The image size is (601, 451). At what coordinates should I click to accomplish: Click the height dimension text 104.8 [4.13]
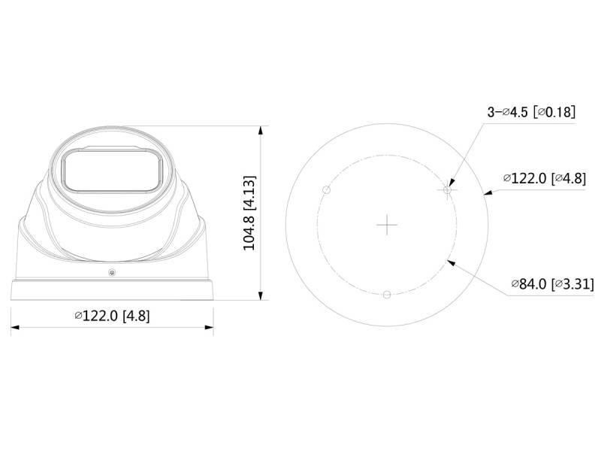tap(249, 213)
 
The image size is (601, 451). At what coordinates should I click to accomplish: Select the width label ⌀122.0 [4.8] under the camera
tap(112, 316)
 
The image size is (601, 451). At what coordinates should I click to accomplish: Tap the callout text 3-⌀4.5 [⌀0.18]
tap(531, 112)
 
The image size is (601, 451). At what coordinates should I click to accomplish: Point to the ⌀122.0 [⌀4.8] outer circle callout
tap(545, 178)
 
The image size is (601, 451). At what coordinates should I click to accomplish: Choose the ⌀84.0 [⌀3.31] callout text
tap(552, 284)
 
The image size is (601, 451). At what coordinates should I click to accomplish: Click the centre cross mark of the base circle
tap(387, 225)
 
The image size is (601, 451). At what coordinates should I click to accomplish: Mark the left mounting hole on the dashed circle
tap(327, 190)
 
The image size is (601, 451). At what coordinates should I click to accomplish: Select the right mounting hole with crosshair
tap(447, 190)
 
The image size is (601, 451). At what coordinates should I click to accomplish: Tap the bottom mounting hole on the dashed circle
tap(387, 295)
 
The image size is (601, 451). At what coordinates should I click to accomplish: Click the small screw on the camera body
tap(112, 273)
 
